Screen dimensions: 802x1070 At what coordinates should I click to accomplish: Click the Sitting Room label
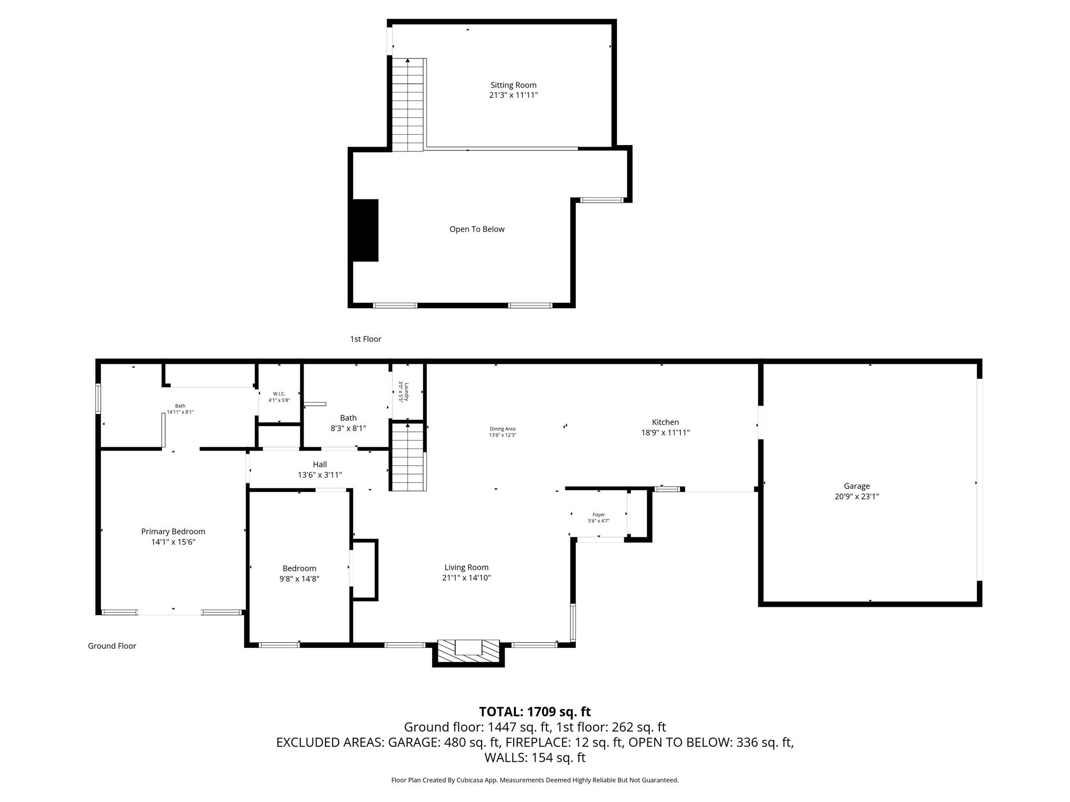(513, 85)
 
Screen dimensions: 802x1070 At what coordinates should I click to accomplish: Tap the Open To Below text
(476, 229)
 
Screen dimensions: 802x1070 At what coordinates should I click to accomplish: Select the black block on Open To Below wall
(365, 230)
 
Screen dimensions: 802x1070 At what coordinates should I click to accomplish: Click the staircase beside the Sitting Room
(408, 104)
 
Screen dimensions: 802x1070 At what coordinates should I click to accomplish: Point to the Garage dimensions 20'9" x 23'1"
(856, 497)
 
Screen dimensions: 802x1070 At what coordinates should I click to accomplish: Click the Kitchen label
(665, 422)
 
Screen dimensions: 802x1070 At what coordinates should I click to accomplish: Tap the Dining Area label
(502, 429)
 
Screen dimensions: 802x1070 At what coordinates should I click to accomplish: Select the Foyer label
(598, 515)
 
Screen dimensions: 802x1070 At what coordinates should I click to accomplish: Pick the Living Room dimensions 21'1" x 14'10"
(466, 578)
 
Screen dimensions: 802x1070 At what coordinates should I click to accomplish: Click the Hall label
(320, 464)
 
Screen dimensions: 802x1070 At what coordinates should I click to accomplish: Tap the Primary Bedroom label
(173, 532)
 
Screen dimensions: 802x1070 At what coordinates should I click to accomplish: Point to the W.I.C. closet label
(279, 394)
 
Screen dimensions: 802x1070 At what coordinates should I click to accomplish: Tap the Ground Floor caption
(112, 646)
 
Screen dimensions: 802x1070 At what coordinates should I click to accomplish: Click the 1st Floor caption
(365, 339)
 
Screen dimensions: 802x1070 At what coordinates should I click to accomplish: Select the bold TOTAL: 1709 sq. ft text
(534, 712)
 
